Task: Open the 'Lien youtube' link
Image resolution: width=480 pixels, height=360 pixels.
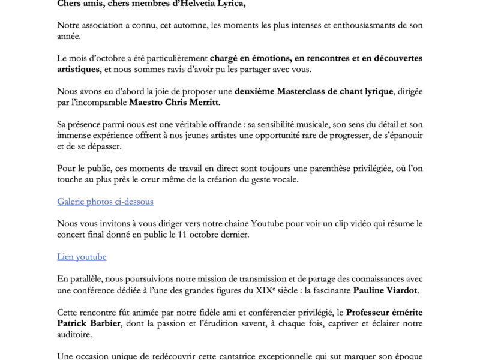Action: pyautogui.click(x=82, y=256)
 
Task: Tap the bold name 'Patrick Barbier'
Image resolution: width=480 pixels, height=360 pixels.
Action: pyautogui.click(x=89, y=323)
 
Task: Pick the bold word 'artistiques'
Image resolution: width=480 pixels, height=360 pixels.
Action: pyautogui.click(x=78, y=69)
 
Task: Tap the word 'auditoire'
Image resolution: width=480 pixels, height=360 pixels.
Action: pyautogui.click(x=76, y=334)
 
